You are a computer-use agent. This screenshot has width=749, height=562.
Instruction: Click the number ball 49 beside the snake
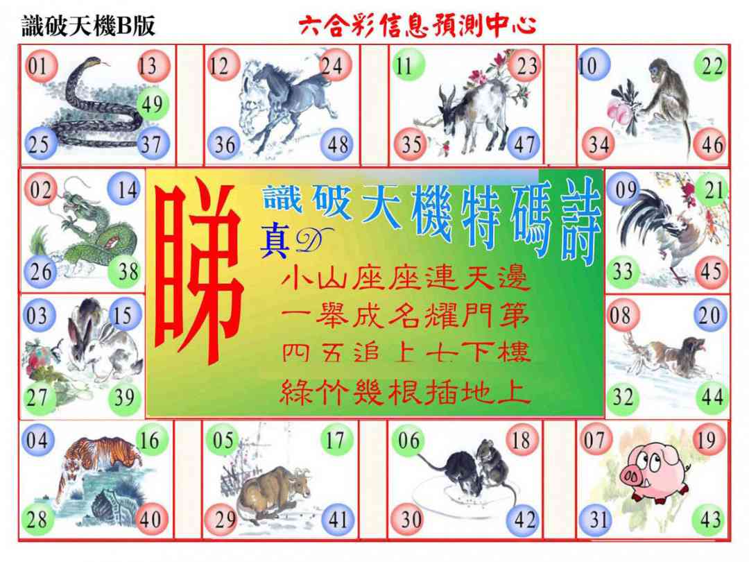[153, 103]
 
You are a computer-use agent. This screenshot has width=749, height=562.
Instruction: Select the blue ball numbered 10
[593, 65]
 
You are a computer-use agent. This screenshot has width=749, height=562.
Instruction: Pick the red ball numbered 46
[711, 144]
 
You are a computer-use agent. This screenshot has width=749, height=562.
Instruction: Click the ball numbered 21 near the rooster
[713, 190]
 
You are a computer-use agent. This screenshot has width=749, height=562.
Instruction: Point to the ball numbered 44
[712, 396]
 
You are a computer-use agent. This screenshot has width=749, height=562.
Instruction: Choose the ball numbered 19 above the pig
[709, 440]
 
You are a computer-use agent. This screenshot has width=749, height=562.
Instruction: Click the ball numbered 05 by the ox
[223, 440]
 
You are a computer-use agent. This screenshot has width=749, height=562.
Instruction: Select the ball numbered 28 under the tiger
[37, 519]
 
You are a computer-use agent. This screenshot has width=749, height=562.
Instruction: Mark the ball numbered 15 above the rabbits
[125, 315]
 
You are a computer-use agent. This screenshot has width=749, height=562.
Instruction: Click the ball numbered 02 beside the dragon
[41, 189]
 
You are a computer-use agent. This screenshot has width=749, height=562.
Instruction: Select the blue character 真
[274, 243]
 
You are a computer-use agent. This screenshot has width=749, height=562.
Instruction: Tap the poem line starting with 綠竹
[406, 393]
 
